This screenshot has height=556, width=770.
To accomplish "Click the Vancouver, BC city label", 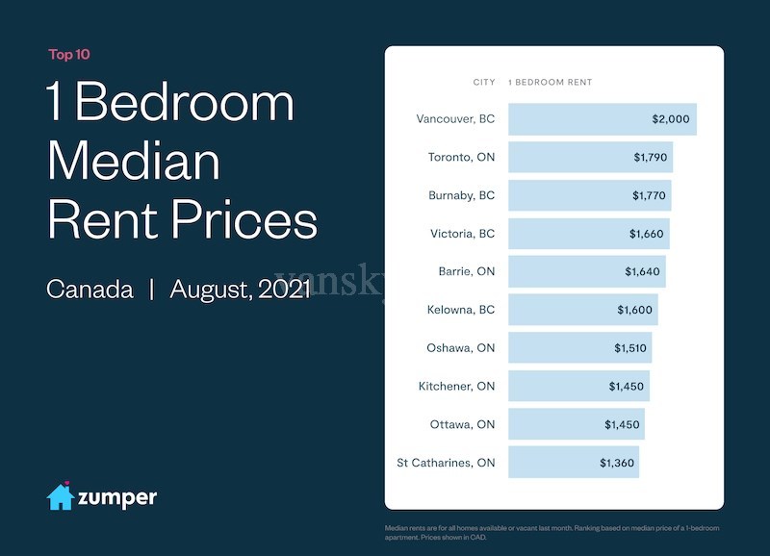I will (455, 119).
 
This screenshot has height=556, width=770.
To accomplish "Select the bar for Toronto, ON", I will (589, 157).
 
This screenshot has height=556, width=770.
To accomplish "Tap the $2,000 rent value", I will (671, 119).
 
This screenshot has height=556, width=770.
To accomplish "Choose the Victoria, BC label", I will (462, 234).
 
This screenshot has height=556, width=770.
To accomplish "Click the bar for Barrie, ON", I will (586, 271).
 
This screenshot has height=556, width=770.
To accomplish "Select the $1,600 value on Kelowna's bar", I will (634, 310).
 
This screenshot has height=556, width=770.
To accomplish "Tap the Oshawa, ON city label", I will (460, 347).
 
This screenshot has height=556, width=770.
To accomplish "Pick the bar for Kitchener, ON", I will (578, 386).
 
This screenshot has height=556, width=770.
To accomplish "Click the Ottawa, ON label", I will (462, 424).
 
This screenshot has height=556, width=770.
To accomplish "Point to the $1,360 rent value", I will (617, 463).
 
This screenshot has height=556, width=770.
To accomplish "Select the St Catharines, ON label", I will (446, 463).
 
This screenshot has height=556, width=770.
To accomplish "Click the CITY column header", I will (484, 83).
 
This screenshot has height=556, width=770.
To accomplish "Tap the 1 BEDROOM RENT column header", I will (550, 83).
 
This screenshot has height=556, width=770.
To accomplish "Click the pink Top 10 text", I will (69, 55).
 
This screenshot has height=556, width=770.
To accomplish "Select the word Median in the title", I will (133, 162).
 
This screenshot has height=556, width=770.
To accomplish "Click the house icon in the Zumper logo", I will (61, 496).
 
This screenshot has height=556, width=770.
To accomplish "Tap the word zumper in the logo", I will (117, 497).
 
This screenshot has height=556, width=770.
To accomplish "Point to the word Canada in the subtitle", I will (90, 289).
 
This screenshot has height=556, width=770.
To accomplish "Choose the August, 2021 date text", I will (241, 289).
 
